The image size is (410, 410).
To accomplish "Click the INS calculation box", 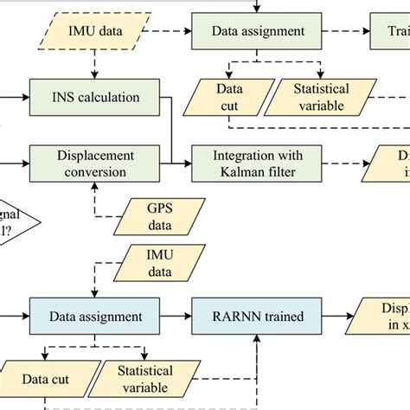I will click(95, 96).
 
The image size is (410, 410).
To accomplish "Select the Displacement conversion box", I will click(95, 163).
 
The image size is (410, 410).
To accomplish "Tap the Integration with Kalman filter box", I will click(259, 163).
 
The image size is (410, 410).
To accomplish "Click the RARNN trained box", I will click(259, 317).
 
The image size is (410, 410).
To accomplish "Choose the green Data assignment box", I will click(259, 32).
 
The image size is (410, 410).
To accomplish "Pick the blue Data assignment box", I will click(95, 317).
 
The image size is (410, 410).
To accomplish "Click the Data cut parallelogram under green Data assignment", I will click(228, 96).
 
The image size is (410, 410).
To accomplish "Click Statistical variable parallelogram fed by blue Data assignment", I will click(144, 379).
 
